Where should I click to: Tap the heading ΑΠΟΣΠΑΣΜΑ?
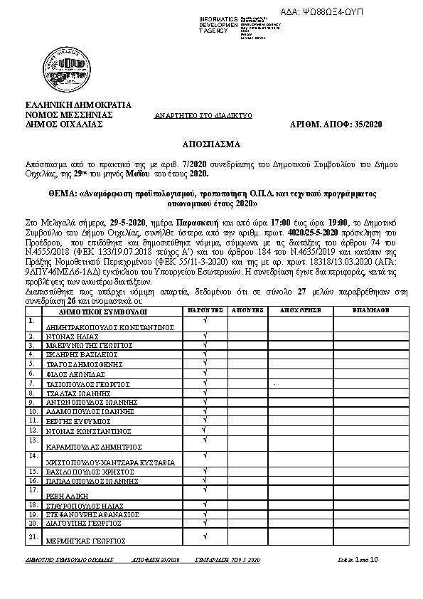210,143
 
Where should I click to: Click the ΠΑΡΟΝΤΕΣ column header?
205,310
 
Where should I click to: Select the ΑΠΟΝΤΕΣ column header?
250,310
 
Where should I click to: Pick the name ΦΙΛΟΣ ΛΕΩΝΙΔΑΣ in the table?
75,373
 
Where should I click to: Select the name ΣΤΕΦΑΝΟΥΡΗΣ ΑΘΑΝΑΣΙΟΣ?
92,513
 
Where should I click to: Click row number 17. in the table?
31,489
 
